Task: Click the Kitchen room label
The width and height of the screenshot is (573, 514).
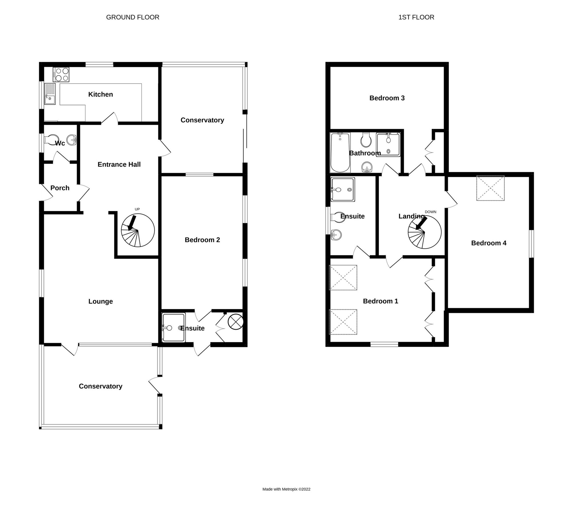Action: coord(101,95)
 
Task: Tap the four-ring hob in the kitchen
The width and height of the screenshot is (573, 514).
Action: coord(61,74)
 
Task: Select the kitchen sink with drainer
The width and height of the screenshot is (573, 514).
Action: coord(50,94)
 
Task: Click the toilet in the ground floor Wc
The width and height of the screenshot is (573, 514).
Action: coord(51,140)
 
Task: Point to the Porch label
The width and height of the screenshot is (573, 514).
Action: coord(60,188)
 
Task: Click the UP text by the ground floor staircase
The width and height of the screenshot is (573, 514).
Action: coord(137,209)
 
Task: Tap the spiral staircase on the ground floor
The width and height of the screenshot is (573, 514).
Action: coord(138,230)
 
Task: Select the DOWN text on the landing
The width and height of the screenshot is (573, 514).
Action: coord(430,212)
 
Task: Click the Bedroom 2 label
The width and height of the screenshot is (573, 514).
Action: coord(202,240)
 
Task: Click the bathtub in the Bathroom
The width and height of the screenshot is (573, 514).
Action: coord(340,153)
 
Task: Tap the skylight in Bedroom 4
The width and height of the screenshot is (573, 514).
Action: coord(490,188)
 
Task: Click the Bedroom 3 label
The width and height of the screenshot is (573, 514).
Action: coord(387,98)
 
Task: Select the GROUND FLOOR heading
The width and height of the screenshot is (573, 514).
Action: coord(133,17)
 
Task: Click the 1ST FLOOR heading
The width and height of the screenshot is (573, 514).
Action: coord(416,17)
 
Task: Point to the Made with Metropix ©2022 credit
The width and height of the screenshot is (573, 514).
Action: coord(286,489)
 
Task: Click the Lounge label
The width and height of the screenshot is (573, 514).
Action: coord(101,302)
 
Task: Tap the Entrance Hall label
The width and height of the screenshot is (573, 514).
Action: coord(119,164)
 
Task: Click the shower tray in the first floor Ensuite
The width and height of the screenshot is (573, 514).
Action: coord(342,190)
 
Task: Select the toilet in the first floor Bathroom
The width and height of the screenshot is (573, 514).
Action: coord(366,140)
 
